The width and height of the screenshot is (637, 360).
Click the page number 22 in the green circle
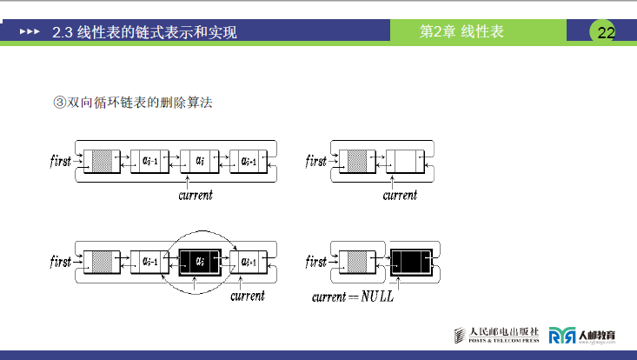(x=606, y=33)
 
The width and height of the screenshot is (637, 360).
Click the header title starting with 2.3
(x=144, y=33)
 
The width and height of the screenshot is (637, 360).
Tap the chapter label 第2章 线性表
(x=461, y=32)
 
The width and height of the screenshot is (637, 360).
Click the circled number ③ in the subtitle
(x=60, y=103)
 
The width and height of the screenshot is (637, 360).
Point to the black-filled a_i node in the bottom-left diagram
(x=200, y=260)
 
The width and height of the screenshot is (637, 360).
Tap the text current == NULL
(x=353, y=297)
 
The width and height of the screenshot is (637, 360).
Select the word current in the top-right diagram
(x=400, y=195)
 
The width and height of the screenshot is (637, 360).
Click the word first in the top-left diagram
(x=61, y=162)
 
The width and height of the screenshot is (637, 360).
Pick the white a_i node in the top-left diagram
(x=199, y=161)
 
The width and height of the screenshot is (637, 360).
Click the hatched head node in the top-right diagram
(x=355, y=161)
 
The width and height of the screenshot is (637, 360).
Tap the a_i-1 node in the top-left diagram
(x=150, y=161)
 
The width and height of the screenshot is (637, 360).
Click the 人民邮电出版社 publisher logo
(x=499, y=335)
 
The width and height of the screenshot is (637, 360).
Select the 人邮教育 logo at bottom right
(x=585, y=335)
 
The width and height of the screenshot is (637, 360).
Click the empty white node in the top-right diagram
(x=403, y=161)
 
